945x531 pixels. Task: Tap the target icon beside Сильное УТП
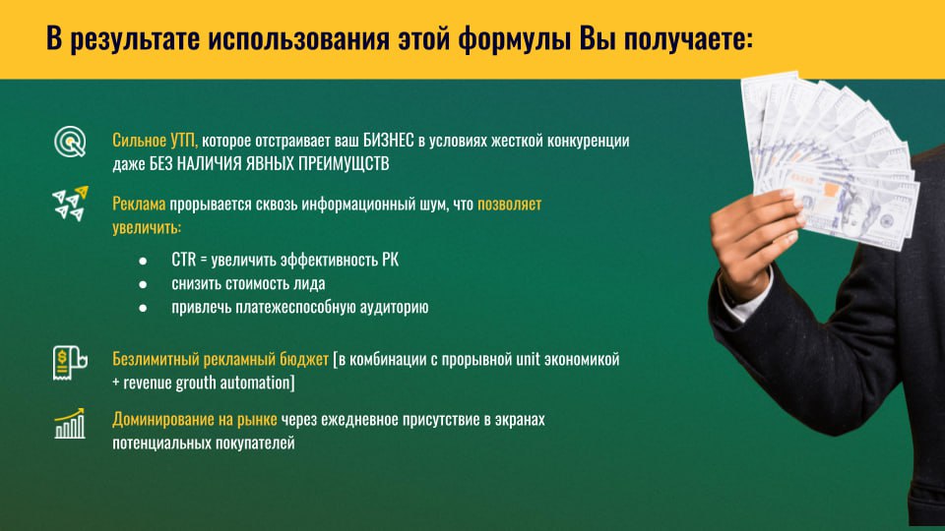[x=70, y=142]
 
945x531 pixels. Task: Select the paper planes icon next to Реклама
[x=71, y=204]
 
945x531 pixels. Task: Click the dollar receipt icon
[x=70, y=363]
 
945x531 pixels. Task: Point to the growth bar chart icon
[x=69, y=424]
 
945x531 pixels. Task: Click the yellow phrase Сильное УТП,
[x=155, y=141]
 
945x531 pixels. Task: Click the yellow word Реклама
[x=139, y=205]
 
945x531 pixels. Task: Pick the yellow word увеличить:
[x=147, y=228]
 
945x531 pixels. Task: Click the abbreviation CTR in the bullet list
[x=184, y=260]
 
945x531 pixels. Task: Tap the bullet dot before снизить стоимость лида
[x=143, y=284]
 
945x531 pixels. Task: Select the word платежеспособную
[x=295, y=307]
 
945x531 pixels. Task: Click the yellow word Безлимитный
[x=156, y=359]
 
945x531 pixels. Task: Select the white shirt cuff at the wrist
[x=744, y=295]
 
